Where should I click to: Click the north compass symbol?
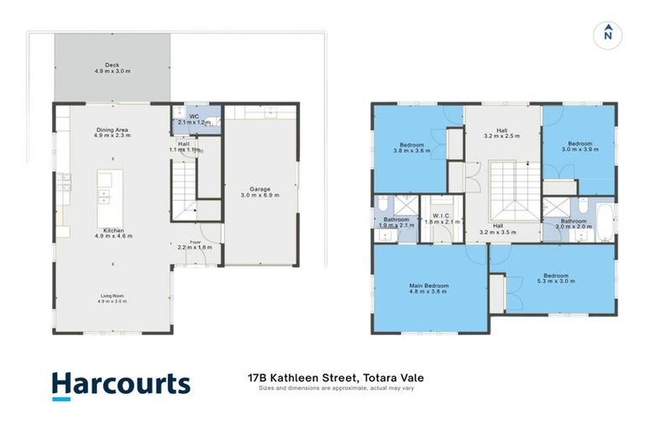click(607, 34)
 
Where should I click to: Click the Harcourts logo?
click(120, 385)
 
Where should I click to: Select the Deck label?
click(111, 68)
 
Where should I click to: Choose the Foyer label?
click(195, 244)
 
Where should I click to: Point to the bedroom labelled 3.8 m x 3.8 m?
click(412, 148)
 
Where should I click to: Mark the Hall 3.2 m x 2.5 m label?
click(501, 133)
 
